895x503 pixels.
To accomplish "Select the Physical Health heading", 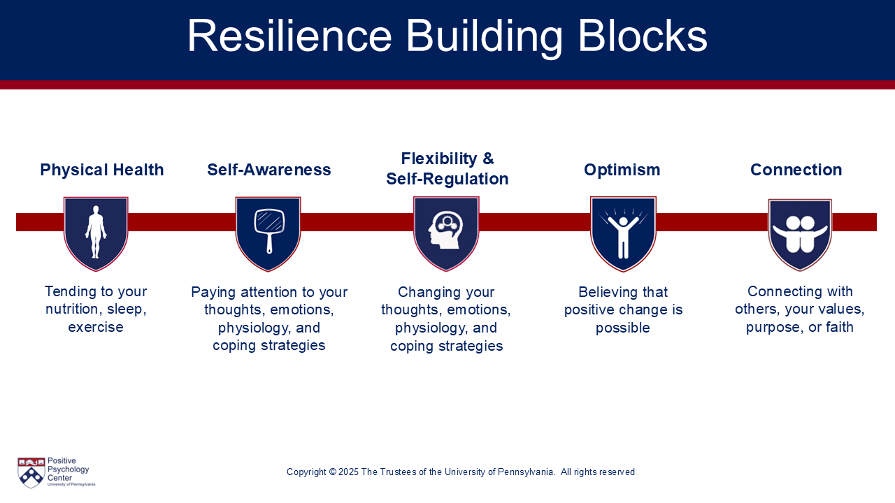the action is coord(102,170).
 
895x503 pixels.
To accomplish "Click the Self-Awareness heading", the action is coord(269,170).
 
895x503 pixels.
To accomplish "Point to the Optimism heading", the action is coord(622,170).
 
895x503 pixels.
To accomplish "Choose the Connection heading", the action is coord(796,170).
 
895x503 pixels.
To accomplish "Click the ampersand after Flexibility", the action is coord(488,159).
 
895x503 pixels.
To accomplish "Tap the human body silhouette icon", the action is coord(96,232).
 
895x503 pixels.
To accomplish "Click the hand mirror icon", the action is coord(270,231).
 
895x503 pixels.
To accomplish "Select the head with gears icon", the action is coord(446,231).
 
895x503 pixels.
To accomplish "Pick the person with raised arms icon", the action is coord(623,234).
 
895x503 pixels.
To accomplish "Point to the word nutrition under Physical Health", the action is coord(71,309).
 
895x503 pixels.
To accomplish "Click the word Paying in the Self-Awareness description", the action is coord(214,293).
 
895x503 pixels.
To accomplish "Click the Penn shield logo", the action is coord(31,473).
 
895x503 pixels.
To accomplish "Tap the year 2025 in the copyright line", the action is coord(348,472).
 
